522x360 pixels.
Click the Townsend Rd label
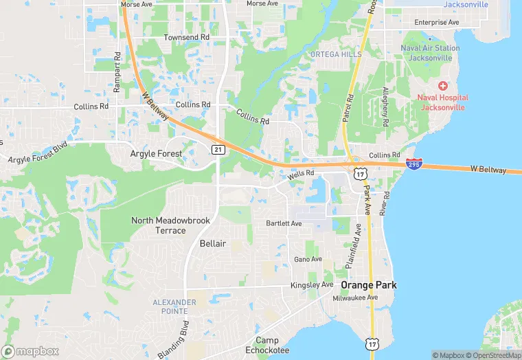pyautogui.click(x=186, y=37)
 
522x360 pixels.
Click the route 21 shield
pyautogui.click(x=218, y=149)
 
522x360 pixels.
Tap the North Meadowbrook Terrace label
pyautogui.click(x=159, y=225)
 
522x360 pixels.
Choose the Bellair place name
pyautogui.click(x=212, y=244)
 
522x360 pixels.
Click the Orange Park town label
pyautogui.click(x=369, y=285)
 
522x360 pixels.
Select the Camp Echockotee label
pyautogui.click(x=272, y=346)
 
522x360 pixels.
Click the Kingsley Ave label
pyautogui.click(x=311, y=285)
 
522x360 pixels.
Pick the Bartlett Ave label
pyautogui.click(x=284, y=224)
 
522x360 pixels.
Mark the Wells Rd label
pyautogui.click(x=301, y=175)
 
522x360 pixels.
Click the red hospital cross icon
pyautogui.click(x=442, y=86)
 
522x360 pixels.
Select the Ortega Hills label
pyautogui.click(x=335, y=54)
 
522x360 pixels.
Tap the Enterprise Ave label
pyautogui.click(x=436, y=23)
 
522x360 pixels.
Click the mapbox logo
pyautogui.click(x=30, y=351)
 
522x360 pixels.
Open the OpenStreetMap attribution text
pyautogui.click(x=492, y=355)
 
